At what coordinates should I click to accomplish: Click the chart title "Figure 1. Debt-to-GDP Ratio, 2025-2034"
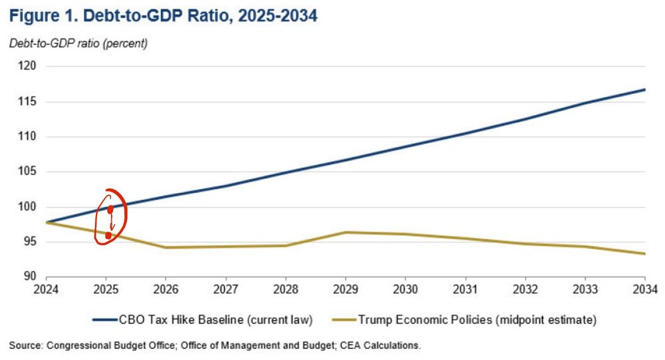coord(163,15)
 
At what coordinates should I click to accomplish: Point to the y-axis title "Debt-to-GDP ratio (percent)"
coord(78,44)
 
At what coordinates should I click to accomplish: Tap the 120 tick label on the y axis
coord(27,67)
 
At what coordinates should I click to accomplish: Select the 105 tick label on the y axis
coord(27,172)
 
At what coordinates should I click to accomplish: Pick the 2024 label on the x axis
coord(46,290)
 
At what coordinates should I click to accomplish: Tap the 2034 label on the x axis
coord(644,290)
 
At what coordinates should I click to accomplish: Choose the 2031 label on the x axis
coord(465,290)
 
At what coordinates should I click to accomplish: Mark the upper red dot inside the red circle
coord(110,210)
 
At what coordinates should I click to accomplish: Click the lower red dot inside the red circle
coord(108,236)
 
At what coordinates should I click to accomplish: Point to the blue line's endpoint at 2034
coord(644,89)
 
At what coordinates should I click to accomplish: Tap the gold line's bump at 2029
coord(345,232)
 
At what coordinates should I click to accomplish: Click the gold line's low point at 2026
coord(166,248)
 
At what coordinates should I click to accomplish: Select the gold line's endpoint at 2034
coord(644,254)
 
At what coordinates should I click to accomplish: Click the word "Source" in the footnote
coord(24,345)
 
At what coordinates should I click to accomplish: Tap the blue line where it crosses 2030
coord(405,146)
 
